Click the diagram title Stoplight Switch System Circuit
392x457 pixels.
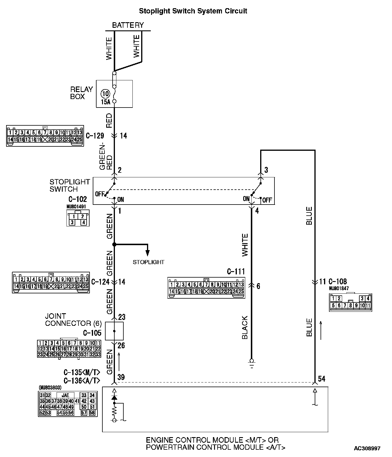click(x=193, y=11)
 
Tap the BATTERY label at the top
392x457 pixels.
click(x=128, y=25)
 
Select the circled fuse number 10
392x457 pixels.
click(x=105, y=94)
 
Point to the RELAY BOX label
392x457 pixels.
click(x=81, y=93)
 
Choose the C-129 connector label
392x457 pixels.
click(x=95, y=136)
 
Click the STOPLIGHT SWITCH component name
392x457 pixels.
click(x=69, y=185)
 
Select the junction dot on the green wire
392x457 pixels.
click(x=114, y=244)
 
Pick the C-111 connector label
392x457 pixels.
click(x=236, y=272)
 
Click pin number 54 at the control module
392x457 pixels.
click(x=321, y=379)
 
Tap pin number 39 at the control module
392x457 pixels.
click(x=121, y=377)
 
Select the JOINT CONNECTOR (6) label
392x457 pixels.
click(x=73, y=320)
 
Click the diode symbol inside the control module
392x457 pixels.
click(x=114, y=398)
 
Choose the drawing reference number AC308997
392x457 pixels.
click(x=367, y=448)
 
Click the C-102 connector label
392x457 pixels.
click(x=78, y=199)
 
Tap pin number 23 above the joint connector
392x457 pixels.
click(x=122, y=317)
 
